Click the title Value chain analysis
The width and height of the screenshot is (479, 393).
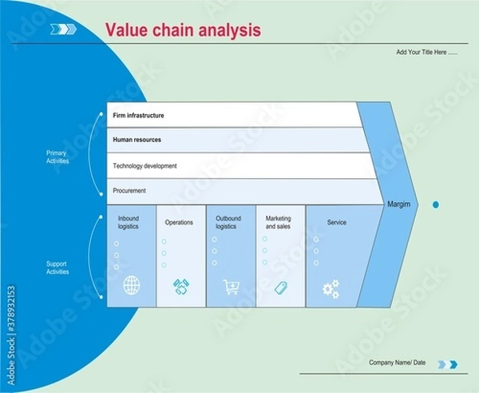(183, 30)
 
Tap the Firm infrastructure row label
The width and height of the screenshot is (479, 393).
(138, 116)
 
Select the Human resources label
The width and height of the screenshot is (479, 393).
(137, 140)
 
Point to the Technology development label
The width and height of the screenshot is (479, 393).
(144, 166)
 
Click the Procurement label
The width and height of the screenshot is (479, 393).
(129, 191)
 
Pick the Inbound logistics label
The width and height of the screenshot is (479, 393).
(129, 222)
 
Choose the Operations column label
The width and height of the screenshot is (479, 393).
(179, 222)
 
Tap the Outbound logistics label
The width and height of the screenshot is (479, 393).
(228, 222)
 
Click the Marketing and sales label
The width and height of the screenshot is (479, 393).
(279, 222)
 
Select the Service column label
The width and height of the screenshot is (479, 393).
(337, 222)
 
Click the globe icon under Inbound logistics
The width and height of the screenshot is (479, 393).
(132, 284)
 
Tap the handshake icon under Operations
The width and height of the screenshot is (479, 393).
(180, 286)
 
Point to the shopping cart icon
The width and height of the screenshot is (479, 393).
(231, 286)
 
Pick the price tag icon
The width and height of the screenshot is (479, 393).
(280, 287)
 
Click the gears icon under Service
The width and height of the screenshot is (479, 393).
(331, 288)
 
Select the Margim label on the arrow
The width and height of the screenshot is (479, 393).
(398, 204)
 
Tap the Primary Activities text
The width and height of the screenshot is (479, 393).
(57, 157)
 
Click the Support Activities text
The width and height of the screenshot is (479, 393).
(57, 268)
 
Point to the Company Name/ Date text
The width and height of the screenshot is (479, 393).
(397, 363)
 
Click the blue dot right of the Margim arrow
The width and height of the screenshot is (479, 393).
(436, 205)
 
